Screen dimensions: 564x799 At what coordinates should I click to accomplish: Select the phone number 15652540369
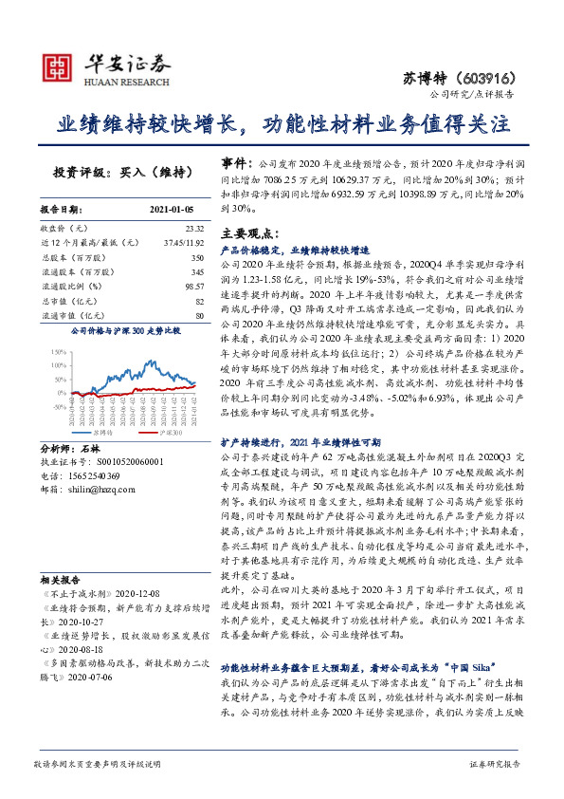[x=93, y=474]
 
